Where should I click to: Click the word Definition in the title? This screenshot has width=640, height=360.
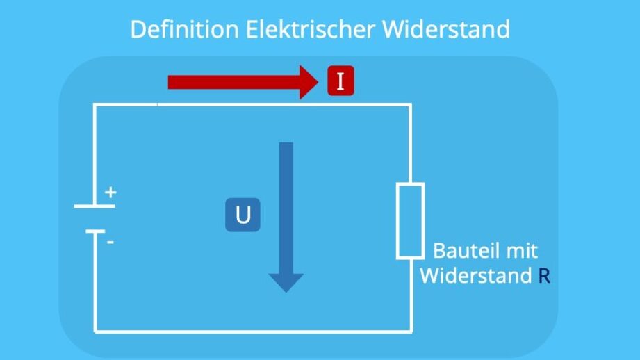click(181, 29)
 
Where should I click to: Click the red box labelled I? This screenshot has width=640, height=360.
click(340, 82)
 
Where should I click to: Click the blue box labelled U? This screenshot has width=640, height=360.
click(243, 215)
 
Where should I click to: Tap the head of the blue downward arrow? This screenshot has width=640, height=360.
click(286, 281)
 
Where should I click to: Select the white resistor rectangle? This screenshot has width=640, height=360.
click(410, 221)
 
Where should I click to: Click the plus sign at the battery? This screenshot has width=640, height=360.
click(110, 193)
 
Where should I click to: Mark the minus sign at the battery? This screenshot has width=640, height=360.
click(110, 243)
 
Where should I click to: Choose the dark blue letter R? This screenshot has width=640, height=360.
click(544, 276)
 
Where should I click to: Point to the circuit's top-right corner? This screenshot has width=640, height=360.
click(410, 104)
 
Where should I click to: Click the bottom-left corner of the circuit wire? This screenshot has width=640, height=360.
click(95, 331)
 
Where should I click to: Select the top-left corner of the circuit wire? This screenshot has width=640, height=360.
click(95, 104)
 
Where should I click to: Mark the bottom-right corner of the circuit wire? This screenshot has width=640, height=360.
click(410, 331)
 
